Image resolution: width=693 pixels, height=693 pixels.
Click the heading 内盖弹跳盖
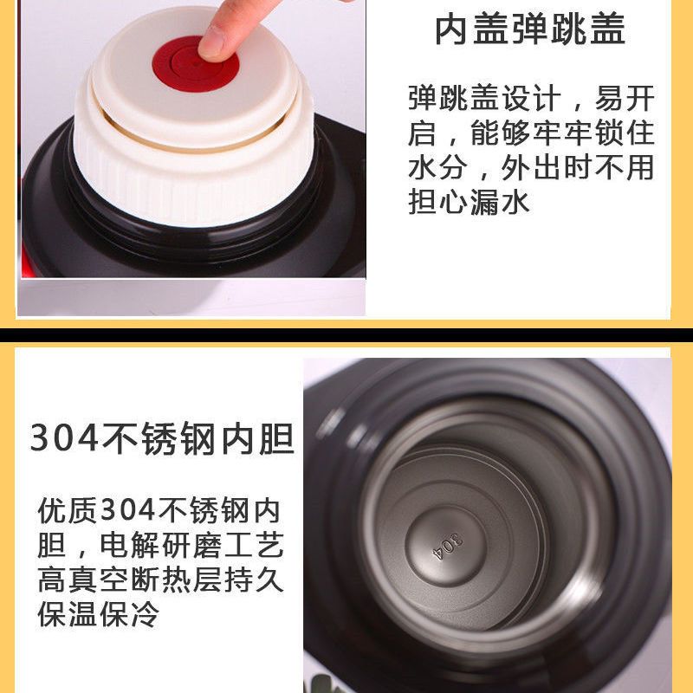click(530, 29)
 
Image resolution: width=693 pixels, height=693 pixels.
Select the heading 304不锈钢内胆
click(162, 438)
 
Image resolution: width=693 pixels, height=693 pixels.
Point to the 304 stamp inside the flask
click(448, 547)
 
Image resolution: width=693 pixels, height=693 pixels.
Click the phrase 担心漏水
click(469, 203)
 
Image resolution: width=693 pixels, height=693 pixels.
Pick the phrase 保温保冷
click(98, 614)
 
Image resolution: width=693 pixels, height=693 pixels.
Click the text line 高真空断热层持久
click(160, 579)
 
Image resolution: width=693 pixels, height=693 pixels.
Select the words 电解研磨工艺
click(191, 545)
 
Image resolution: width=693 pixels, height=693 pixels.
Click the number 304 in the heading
click(64, 438)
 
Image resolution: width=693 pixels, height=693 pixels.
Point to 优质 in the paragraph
click(68, 510)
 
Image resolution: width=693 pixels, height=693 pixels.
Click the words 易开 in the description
click(625, 98)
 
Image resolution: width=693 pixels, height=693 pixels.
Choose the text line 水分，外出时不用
click(531, 167)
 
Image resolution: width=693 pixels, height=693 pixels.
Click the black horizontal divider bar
click(346, 335)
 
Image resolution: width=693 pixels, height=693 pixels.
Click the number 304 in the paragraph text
click(127, 510)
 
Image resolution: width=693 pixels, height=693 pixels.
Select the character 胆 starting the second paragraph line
click(52, 545)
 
